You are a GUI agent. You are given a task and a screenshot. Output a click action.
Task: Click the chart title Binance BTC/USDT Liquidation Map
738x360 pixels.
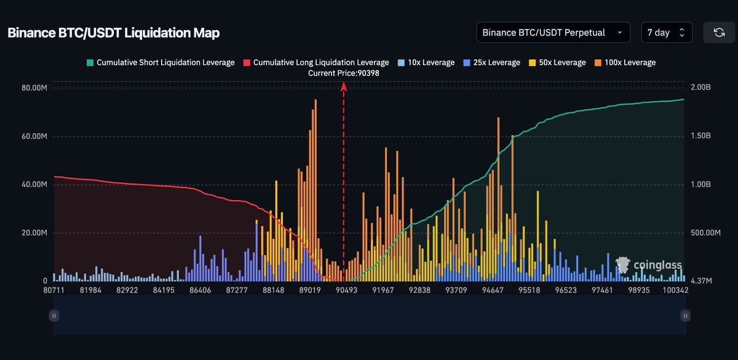pos(113,33)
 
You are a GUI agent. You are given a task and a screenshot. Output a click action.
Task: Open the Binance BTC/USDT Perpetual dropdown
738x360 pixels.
pos(553,33)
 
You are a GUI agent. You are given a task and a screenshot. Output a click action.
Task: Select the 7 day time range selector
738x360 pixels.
pos(666,33)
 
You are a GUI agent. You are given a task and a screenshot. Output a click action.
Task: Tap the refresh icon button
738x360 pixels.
pos(719,33)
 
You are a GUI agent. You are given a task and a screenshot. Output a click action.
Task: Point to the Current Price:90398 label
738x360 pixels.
pos(344,73)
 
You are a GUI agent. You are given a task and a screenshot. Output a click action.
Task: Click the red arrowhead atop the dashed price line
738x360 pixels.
pos(344,87)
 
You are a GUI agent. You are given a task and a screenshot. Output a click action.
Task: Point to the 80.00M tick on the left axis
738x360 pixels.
pos(34,88)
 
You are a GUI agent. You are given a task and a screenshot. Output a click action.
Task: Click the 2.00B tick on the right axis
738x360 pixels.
pos(700,88)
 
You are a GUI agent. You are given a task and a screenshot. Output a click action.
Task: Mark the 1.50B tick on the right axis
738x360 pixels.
pos(700,136)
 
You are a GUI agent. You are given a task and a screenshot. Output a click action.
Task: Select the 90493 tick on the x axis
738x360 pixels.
pos(346,290)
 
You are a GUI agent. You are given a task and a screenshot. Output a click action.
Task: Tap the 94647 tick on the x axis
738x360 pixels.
pos(492,290)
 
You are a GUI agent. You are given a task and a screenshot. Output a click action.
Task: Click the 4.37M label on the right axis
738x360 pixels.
pos(700,281)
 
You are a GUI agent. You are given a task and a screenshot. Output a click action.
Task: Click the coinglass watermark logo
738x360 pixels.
pos(649,265)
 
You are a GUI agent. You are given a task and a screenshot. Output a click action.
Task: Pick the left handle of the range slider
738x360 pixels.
pos(54,316)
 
